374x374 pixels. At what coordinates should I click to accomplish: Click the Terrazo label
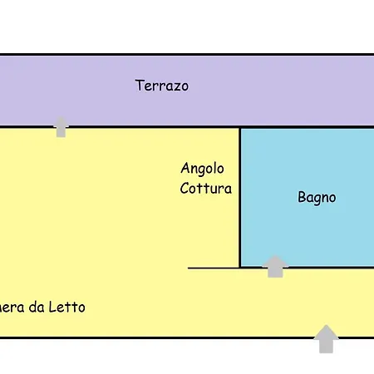(x=162, y=86)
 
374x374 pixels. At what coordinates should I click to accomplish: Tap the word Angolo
(x=202, y=169)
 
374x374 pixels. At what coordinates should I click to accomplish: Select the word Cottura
(x=205, y=189)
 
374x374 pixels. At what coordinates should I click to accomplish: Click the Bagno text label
(x=317, y=198)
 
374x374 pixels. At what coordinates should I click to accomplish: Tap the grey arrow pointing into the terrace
(x=61, y=126)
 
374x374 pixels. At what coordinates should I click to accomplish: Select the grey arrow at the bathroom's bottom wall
(x=275, y=266)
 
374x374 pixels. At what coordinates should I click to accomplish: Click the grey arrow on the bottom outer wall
(x=327, y=338)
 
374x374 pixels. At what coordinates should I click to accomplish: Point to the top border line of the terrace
(x=187, y=55)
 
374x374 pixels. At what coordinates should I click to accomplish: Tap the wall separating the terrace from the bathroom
(x=308, y=127)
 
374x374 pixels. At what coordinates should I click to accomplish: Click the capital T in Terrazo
(x=140, y=86)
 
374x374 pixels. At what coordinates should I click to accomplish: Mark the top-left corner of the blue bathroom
(x=241, y=128)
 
